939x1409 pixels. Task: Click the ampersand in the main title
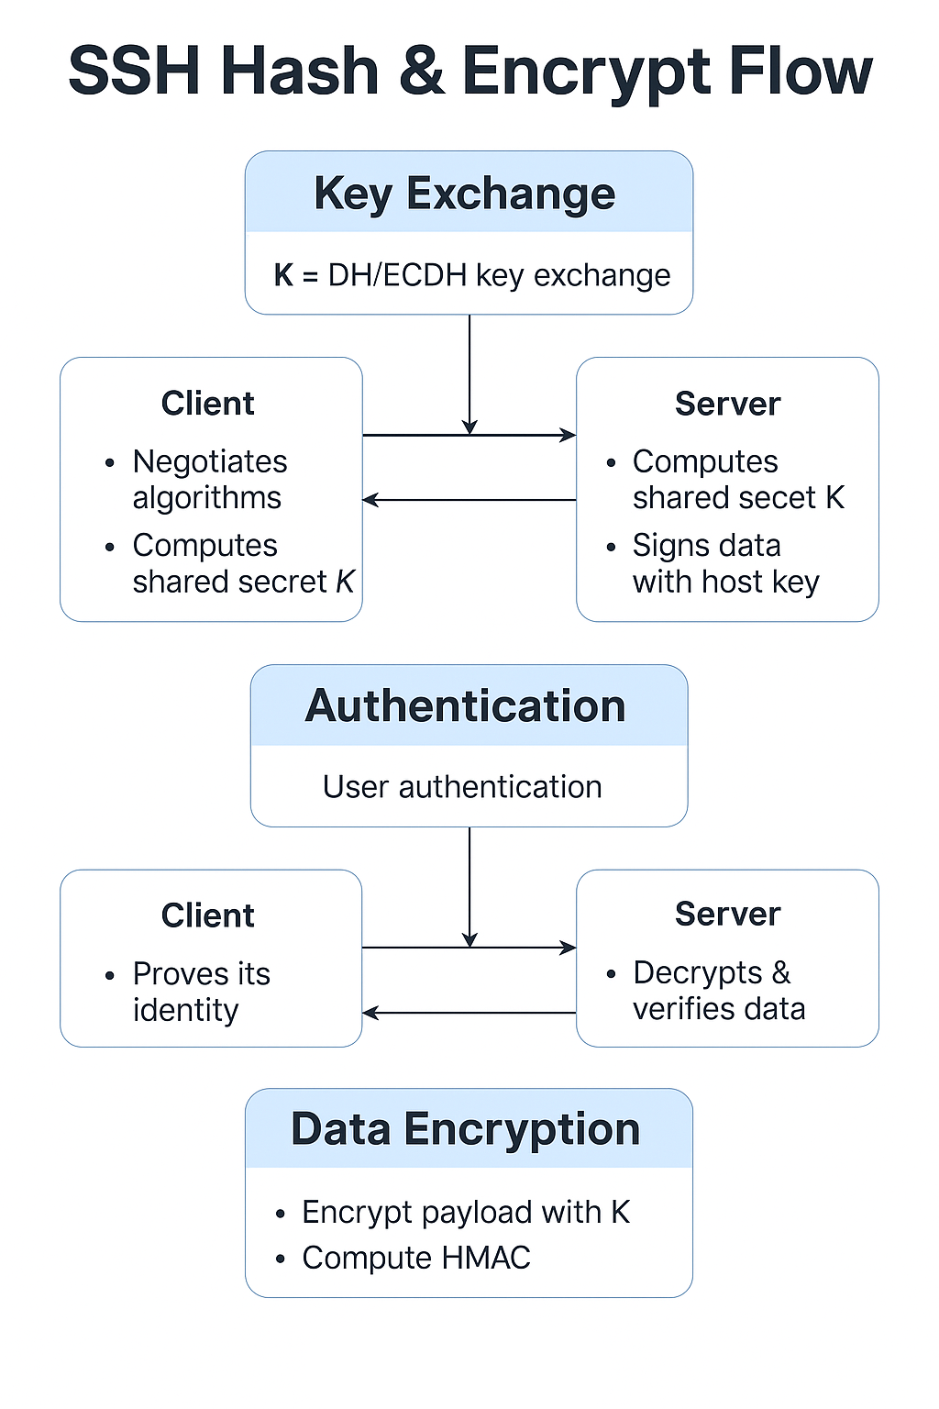[422, 72]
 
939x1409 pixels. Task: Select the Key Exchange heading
[465, 194]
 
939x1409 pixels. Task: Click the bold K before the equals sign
[283, 275]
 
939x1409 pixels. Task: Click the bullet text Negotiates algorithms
[209, 479]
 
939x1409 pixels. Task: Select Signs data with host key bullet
[724, 563]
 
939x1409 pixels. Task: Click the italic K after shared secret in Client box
[345, 582]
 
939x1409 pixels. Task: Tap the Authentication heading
[466, 705]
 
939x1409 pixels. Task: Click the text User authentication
[462, 787]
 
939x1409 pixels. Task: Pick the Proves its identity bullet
[201, 991]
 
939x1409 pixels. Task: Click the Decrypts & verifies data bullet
[718, 990]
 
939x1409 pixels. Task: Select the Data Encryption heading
[466, 1129]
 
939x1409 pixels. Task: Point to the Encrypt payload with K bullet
[465, 1212]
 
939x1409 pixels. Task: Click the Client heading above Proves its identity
[208, 915]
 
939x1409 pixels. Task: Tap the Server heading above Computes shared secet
[727, 404]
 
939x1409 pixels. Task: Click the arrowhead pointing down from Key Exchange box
[469, 427]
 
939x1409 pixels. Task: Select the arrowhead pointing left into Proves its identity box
[370, 1013]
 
